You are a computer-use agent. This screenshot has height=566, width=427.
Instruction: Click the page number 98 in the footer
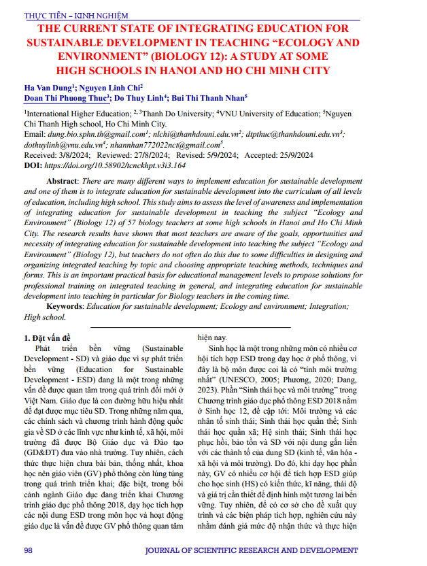click(29, 550)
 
